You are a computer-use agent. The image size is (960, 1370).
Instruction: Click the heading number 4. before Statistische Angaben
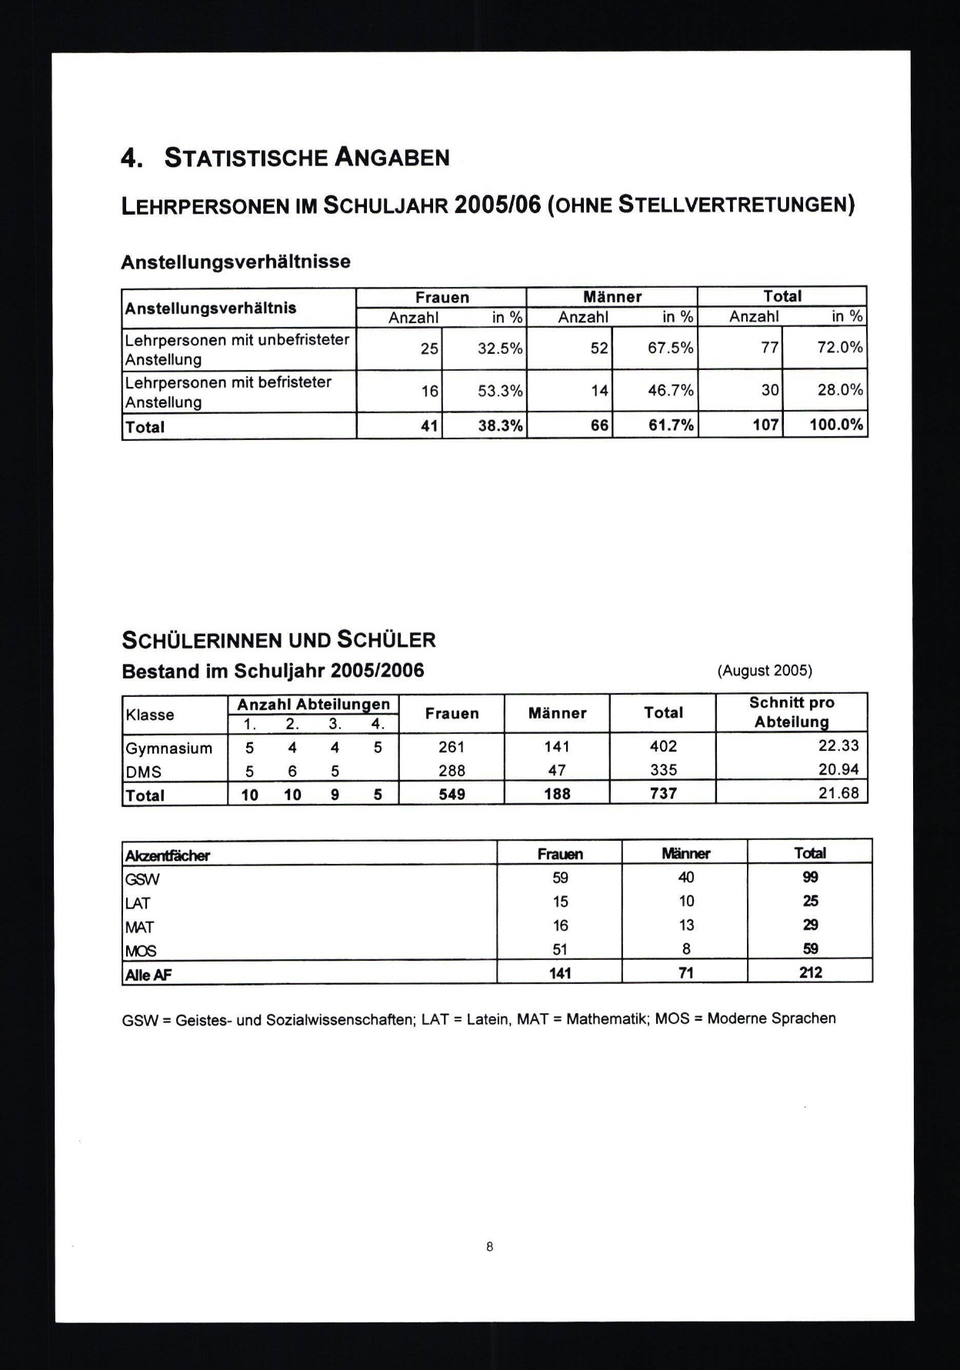pyautogui.click(x=132, y=158)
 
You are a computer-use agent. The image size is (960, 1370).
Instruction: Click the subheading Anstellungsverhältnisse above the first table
pyautogui.click(x=235, y=262)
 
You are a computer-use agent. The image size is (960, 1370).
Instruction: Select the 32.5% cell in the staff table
pyautogui.click(x=500, y=348)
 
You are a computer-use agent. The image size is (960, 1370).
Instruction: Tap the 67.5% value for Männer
pyautogui.click(x=670, y=348)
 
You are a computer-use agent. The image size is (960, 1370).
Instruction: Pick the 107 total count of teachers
pyautogui.click(x=765, y=425)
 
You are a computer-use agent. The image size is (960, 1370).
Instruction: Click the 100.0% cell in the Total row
pyautogui.click(x=836, y=425)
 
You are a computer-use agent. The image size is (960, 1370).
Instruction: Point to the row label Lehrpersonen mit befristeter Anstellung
pyautogui.click(x=228, y=392)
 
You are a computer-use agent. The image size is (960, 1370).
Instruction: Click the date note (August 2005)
pyautogui.click(x=764, y=670)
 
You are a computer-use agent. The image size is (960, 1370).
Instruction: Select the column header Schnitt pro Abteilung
pyautogui.click(x=792, y=712)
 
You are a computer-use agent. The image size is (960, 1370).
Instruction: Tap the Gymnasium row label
pyautogui.click(x=169, y=748)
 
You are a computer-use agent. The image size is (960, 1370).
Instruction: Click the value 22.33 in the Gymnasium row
pyautogui.click(x=838, y=745)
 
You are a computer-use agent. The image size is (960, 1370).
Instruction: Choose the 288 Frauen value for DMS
pyautogui.click(x=452, y=770)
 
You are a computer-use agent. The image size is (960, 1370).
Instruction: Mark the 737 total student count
pyautogui.click(x=663, y=793)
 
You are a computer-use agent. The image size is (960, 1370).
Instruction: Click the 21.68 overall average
pyautogui.click(x=838, y=792)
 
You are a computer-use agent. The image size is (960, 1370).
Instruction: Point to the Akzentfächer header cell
pyautogui.click(x=168, y=855)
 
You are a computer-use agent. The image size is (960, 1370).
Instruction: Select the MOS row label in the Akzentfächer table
pyautogui.click(x=141, y=951)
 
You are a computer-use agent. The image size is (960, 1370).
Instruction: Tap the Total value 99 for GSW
pyautogui.click(x=810, y=877)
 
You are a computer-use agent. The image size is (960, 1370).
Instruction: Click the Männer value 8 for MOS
pyautogui.click(x=686, y=948)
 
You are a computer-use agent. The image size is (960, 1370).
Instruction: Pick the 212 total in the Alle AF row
pyautogui.click(x=810, y=972)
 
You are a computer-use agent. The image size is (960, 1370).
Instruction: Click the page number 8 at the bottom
pyautogui.click(x=489, y=1247)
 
